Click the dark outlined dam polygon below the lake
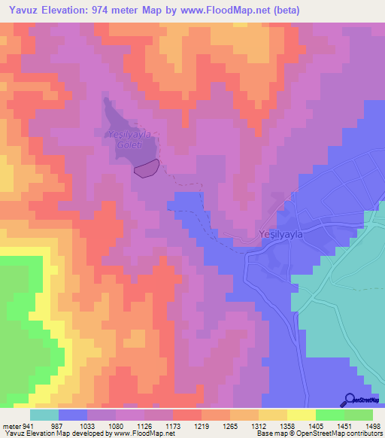click(147, 169)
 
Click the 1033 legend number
click(88, 427)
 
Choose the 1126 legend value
click(145, 427)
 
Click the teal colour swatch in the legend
click(44, 415)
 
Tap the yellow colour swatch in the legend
click(301, 415)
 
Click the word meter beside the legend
click(11, 427)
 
